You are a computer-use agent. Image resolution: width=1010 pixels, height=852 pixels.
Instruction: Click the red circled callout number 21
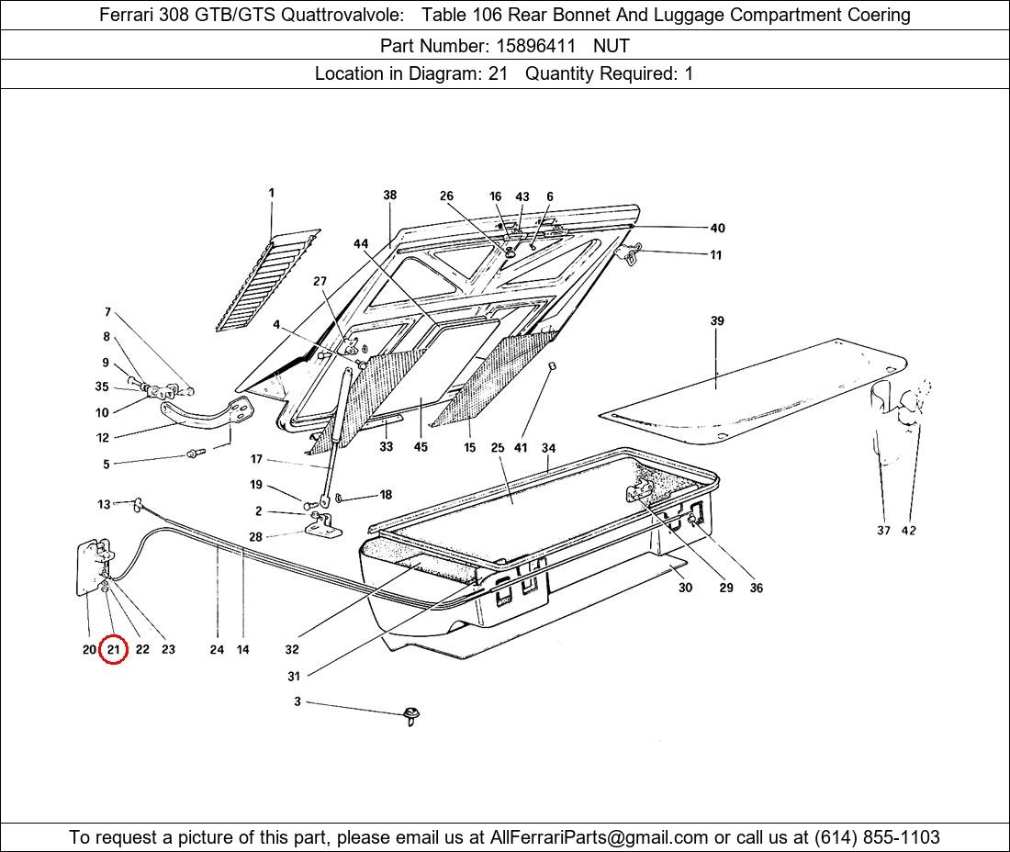pos(113,650)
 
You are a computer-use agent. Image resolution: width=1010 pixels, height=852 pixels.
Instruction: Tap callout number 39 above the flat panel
pos(717,321)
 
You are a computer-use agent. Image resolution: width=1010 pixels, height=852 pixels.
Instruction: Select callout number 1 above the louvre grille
pos(272,194)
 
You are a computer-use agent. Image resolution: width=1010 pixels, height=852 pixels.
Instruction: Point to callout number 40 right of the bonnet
pos(717,229)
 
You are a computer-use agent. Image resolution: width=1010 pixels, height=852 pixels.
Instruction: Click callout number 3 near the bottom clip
pos(297,701)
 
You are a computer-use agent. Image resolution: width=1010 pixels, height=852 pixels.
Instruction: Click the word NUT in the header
pos(612,44)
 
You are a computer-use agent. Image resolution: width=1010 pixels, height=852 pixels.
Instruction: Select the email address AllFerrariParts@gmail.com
pos(600,837)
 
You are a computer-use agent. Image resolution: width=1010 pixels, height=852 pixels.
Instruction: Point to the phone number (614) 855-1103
pos(877,837)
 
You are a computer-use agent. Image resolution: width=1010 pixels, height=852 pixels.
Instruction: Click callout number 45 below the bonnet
pos(421,448)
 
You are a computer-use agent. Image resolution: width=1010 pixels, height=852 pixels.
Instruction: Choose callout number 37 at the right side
pos(883,531)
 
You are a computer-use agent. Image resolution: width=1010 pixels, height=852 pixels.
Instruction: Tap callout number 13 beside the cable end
pos(105,504)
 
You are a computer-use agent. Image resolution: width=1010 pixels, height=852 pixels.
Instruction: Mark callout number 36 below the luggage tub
pos(756,589)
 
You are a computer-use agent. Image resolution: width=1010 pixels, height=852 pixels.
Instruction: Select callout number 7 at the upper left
pos(107,312)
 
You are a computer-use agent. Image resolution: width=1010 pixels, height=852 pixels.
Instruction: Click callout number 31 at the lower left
pos(294,677)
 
